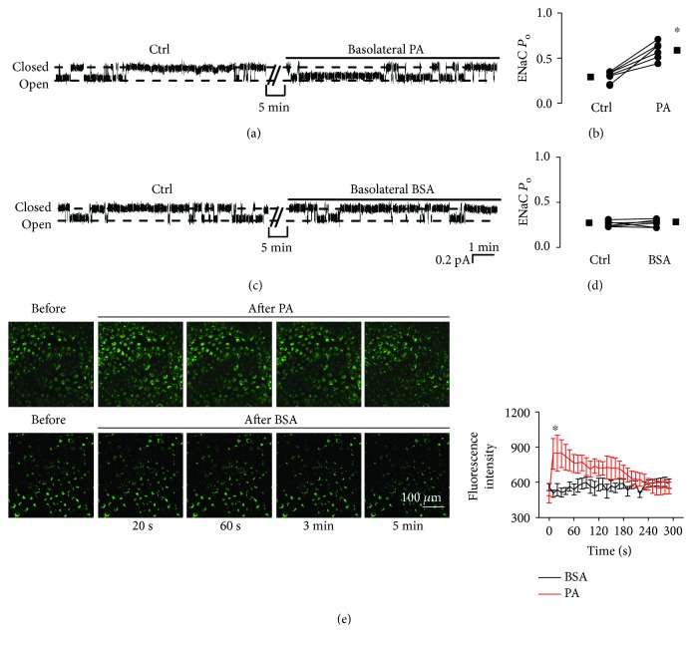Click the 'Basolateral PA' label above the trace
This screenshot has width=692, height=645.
pos(391,48)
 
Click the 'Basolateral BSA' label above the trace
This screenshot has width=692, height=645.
pos(393,189)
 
